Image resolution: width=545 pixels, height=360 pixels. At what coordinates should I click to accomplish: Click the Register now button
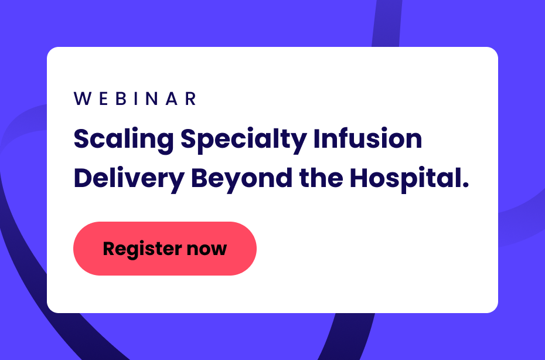click(x=165, y=249)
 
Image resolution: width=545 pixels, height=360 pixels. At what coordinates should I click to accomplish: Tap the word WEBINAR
click(x=135, y=99)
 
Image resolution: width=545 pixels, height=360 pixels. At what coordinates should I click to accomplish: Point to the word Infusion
click(x=368, y=138)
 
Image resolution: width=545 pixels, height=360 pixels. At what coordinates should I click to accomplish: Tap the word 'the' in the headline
click(x=321, y=178)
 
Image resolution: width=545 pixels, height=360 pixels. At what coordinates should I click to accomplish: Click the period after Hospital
click(x=465, y=185)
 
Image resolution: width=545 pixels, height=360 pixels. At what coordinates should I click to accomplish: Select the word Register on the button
click(x=142, y=249)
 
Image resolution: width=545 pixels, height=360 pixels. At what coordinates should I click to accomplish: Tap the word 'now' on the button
click(x=207, y=250)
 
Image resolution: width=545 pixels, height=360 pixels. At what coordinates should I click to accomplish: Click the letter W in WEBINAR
click(x=83, y=99)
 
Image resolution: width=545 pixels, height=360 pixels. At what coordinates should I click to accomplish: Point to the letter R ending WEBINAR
click(x=191, y=99)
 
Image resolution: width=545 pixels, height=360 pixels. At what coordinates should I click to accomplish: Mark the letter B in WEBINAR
click(x=121, y=99)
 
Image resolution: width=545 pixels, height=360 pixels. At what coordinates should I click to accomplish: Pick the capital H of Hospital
click(x=359, y=178)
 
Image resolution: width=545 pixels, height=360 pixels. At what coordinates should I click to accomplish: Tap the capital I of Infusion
click(x=316, y=138)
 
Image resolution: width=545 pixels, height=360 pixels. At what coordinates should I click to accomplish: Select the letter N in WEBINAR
click(x=152, y=99)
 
